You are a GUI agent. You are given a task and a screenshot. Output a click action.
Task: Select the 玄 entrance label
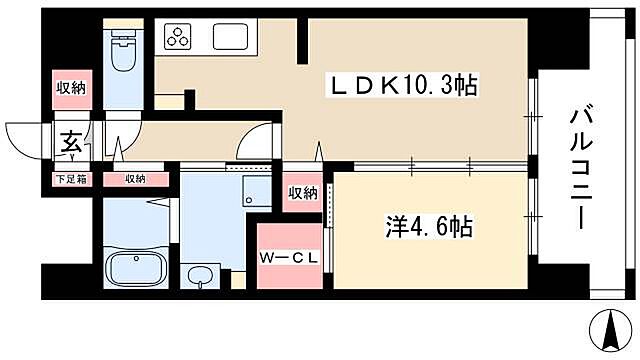point(73,143)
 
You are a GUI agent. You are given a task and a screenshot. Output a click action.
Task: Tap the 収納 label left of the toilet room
point(70,88)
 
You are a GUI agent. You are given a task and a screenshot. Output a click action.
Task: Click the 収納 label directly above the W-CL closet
point(302,192)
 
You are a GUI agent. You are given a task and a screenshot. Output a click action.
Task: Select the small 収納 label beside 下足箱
point(134,180)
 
